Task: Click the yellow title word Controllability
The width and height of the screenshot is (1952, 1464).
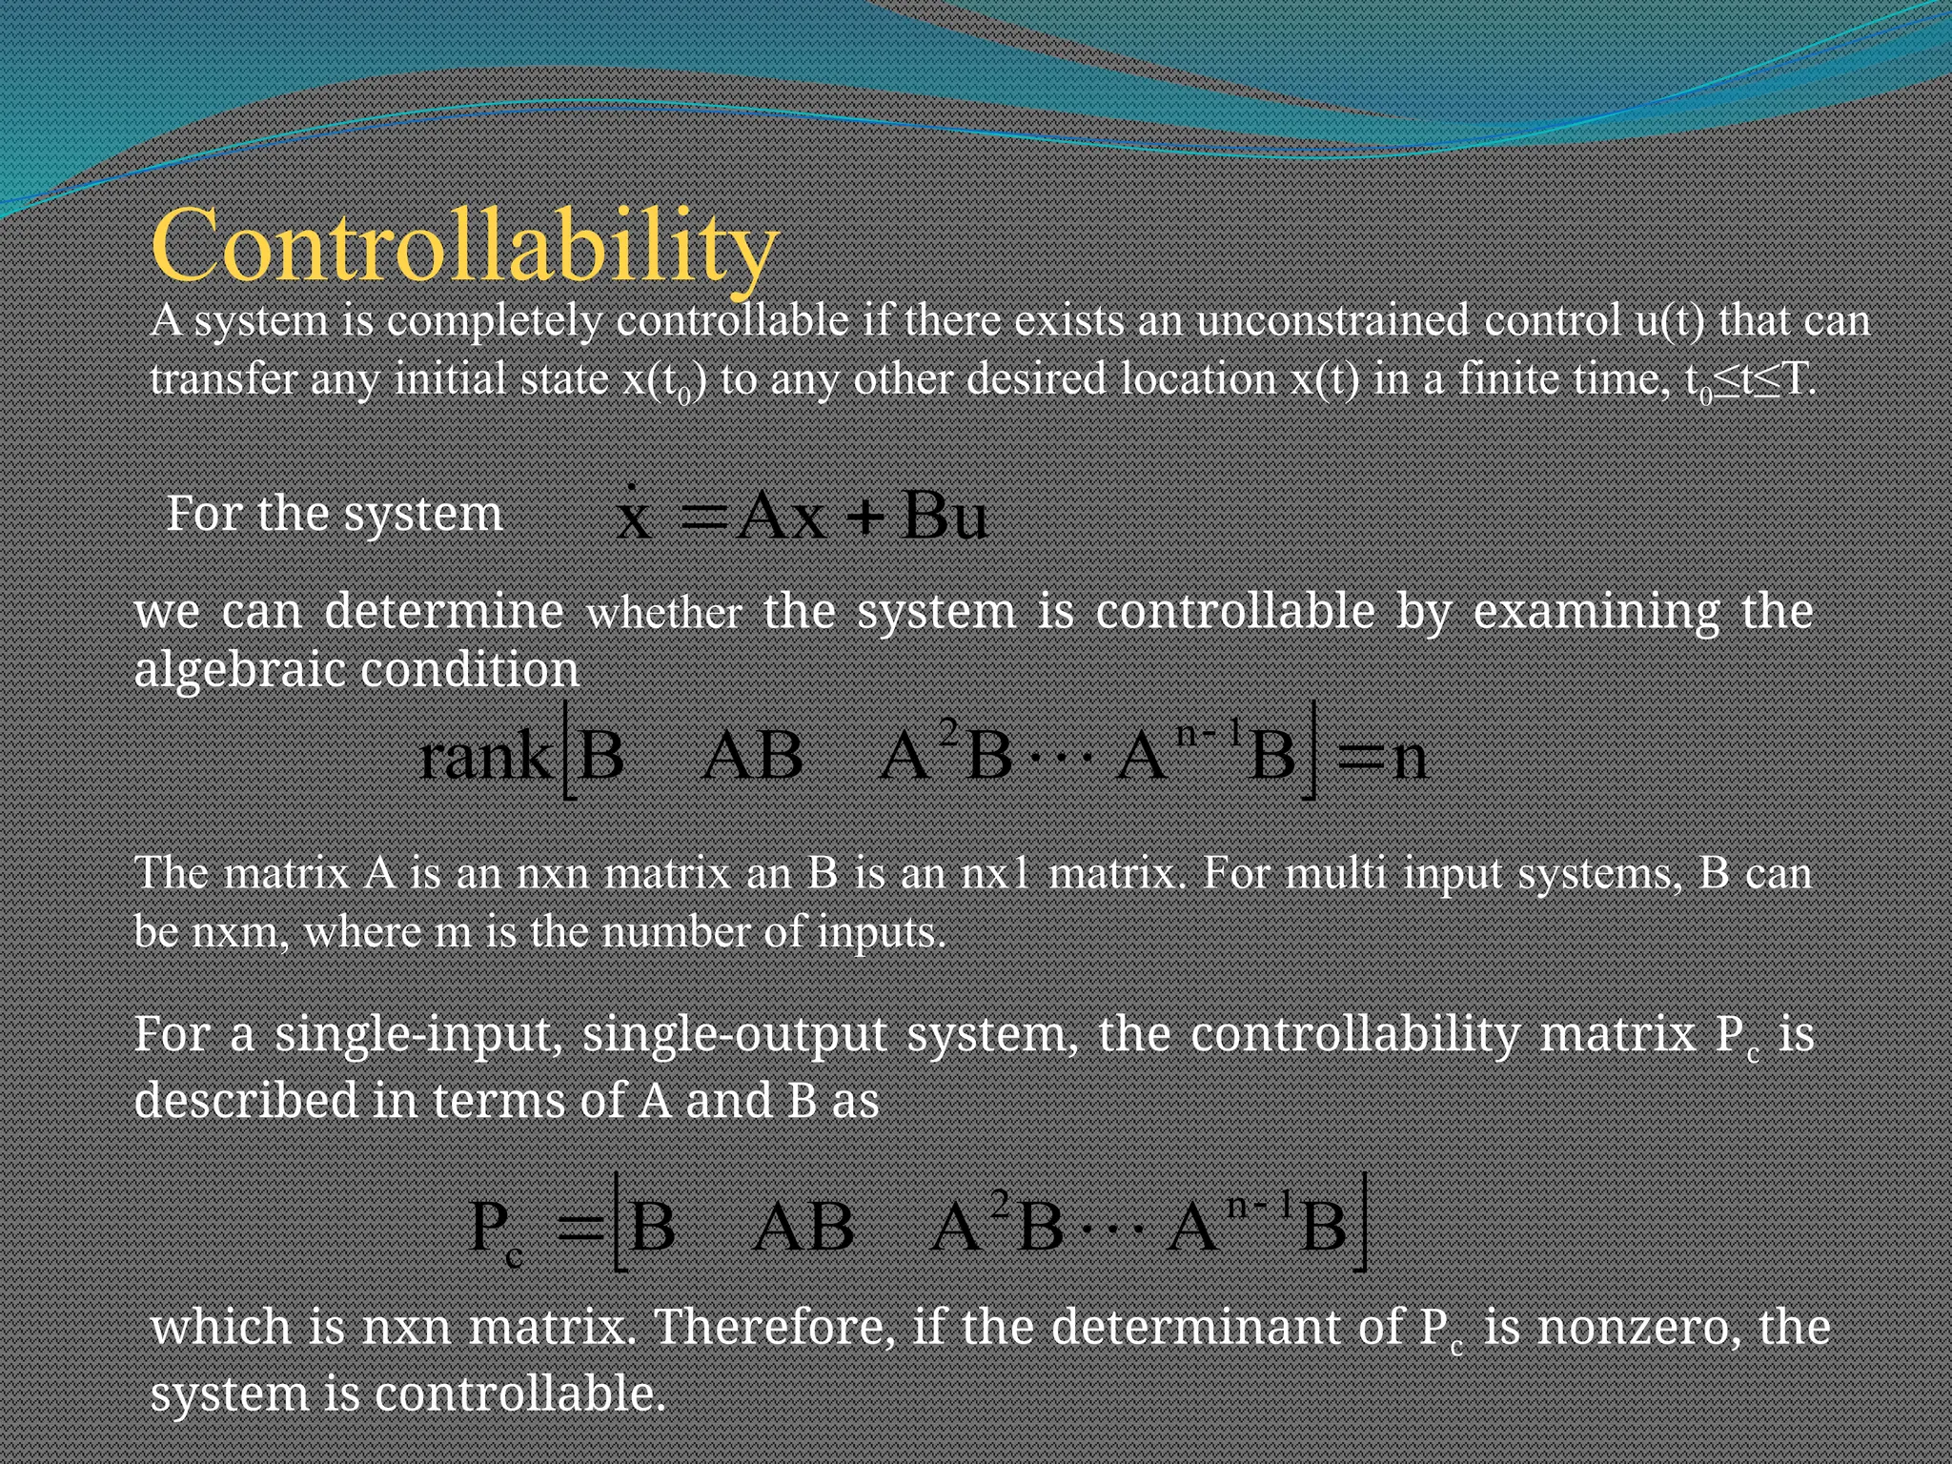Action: click(x=464, y=246)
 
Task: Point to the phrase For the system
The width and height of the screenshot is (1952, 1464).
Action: click(x=334, y=514)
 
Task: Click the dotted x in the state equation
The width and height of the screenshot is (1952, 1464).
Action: click(x=634, y=518)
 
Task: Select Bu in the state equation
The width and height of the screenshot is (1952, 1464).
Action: click(x=944, y=518)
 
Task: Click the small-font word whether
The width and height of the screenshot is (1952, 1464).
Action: click(x=664, y=614)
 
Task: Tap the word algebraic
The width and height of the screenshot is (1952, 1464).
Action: click(x=239, y=670)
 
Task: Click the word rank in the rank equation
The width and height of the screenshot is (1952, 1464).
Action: click(x=484, y=758)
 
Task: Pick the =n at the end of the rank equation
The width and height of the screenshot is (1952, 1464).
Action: click(x=1382, y=758)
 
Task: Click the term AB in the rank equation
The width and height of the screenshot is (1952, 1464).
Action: click(x=752, y=758)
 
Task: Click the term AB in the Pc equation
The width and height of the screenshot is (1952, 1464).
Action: click(x=803, y=1228)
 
